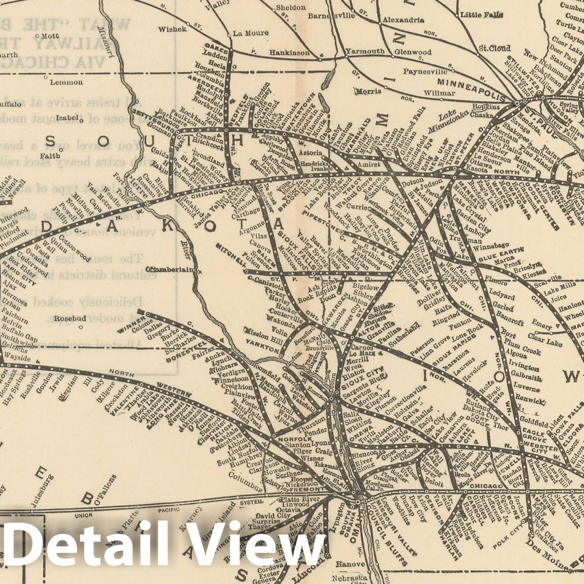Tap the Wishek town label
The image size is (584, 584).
pos(172,29)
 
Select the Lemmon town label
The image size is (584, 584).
pos(66,82)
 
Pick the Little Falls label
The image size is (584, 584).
pos(482,15)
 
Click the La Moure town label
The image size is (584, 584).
pos(250,33)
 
